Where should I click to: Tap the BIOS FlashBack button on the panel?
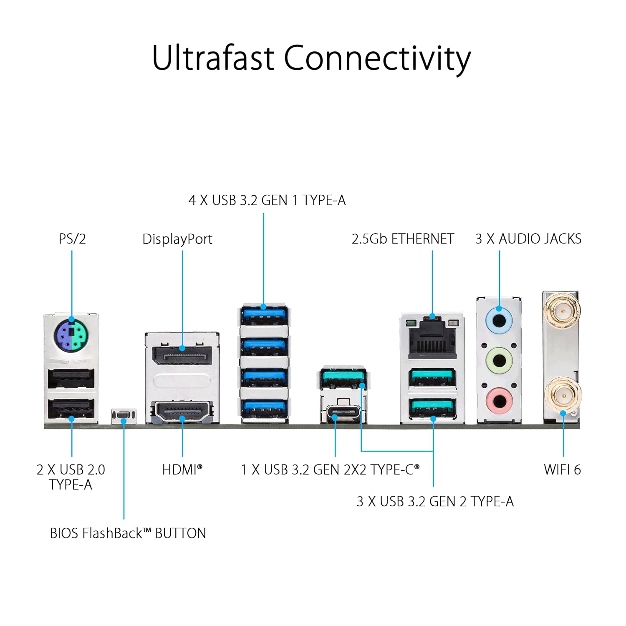124,415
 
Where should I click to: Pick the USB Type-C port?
343,413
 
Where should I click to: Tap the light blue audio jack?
499,321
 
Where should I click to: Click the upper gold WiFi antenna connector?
563,311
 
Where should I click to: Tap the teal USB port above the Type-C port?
343,378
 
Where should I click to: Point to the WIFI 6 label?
562,469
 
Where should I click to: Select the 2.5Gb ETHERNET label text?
402,239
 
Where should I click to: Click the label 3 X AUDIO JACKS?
528,239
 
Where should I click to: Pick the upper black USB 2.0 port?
71,379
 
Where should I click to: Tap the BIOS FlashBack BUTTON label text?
128,533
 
